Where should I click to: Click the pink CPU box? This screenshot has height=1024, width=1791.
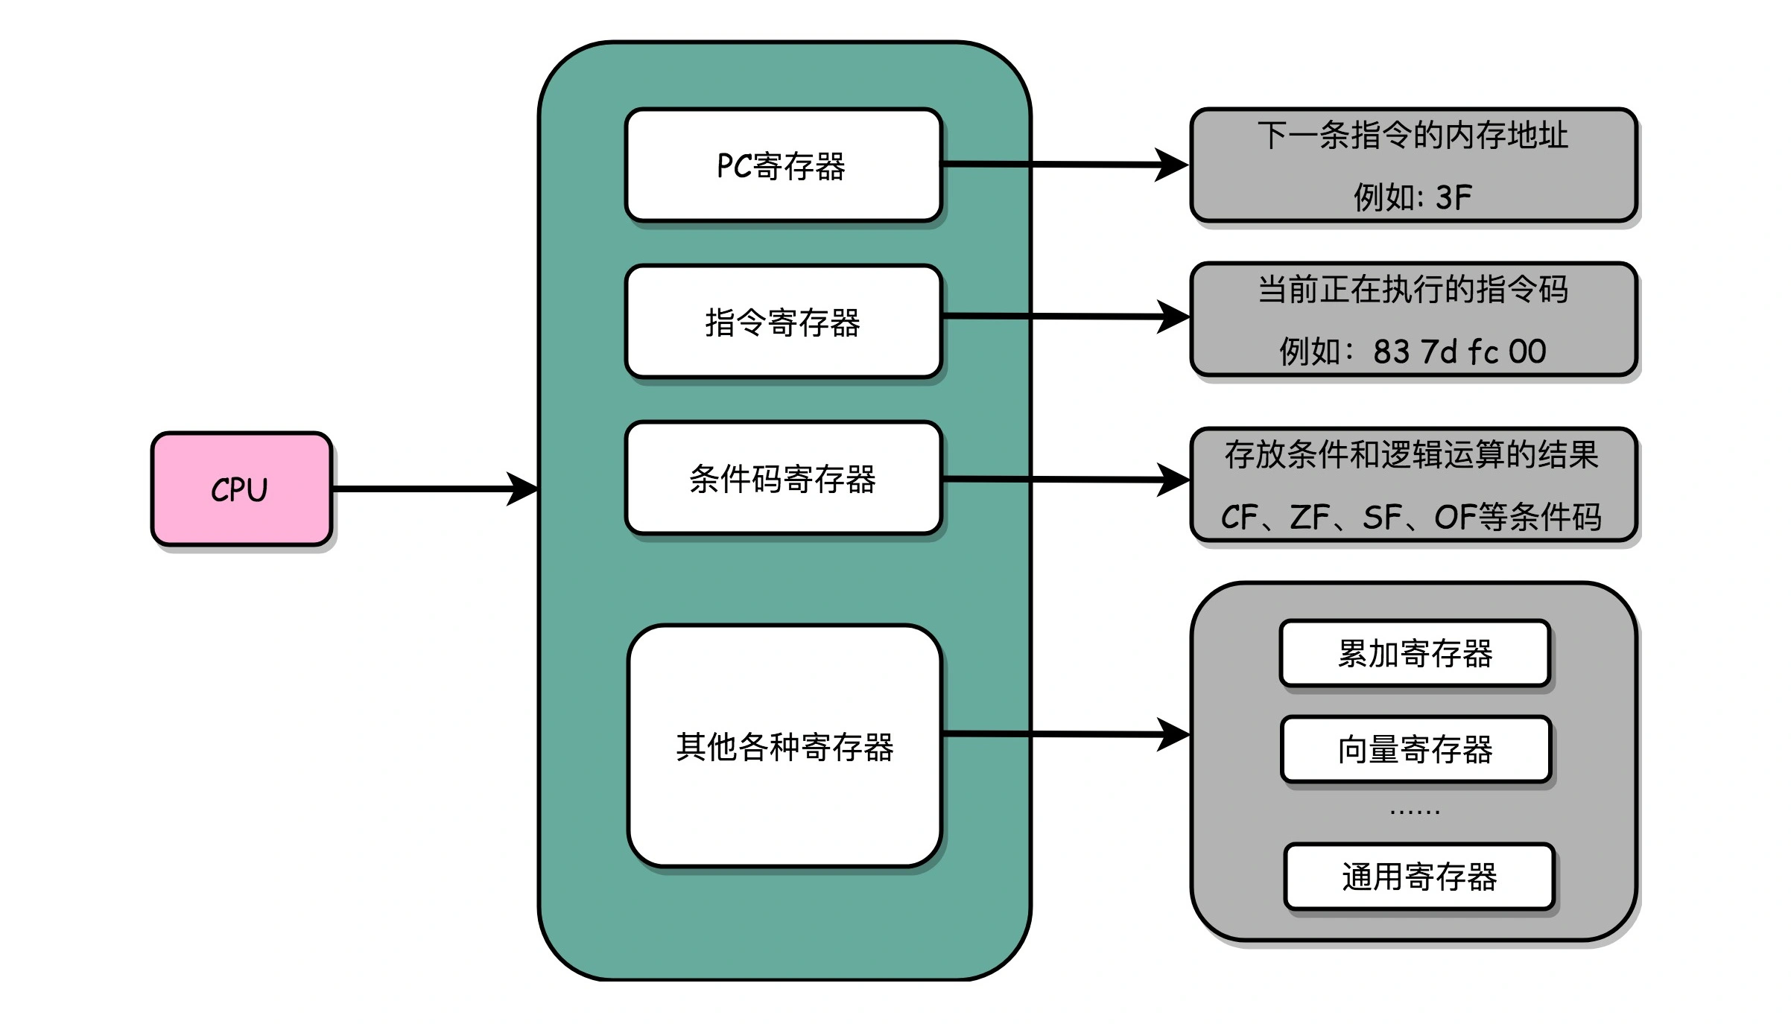tap(241, 489)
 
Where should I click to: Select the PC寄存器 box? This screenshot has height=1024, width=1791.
tap(783, 165)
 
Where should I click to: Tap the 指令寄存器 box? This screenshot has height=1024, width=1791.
tap(783, 322)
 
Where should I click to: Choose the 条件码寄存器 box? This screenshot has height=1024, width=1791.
tap(783, 478)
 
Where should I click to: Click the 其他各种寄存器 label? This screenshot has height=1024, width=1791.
tap(784, 746)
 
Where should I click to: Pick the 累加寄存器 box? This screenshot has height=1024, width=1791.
tap(1414, 653)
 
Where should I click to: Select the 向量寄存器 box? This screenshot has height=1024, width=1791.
tap(1415, 749)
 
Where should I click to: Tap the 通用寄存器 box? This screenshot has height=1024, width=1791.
tap(1418, 877)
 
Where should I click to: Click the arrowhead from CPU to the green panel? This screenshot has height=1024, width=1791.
tap(523, 489)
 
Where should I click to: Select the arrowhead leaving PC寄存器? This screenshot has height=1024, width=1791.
tap(1172, 165)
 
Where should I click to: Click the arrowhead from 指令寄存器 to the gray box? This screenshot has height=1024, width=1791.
tap(1173, 317)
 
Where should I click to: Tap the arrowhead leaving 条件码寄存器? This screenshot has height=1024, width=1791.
tap(1173, 480)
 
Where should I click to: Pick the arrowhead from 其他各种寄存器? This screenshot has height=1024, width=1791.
tap(1173, 734)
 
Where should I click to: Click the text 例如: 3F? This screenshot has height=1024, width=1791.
tap(1413, 197)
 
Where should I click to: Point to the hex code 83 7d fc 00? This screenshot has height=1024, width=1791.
tap(1459, 352)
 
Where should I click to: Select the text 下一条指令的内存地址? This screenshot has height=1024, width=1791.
tap(1413, 136)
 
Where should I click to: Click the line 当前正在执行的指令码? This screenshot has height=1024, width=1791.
tap(1413, 289)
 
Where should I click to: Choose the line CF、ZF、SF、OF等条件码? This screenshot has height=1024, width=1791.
tap(1411, 517)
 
